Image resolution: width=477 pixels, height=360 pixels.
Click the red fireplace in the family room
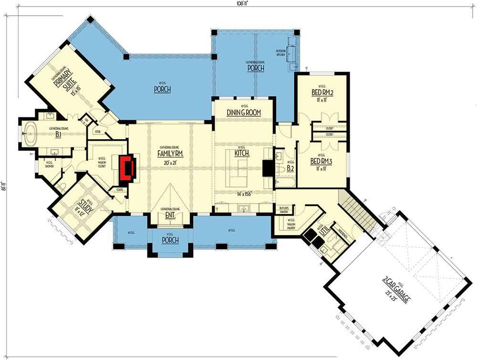tap(127, 167)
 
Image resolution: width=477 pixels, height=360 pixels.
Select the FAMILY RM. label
tap(170, 154)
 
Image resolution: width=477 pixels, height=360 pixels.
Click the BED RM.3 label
tap(321, 161)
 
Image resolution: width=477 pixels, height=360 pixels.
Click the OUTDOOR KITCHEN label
tap(281, 52)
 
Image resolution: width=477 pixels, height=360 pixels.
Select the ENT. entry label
tap(170, 215)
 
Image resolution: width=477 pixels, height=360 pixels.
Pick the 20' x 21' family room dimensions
tap(170, 163)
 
